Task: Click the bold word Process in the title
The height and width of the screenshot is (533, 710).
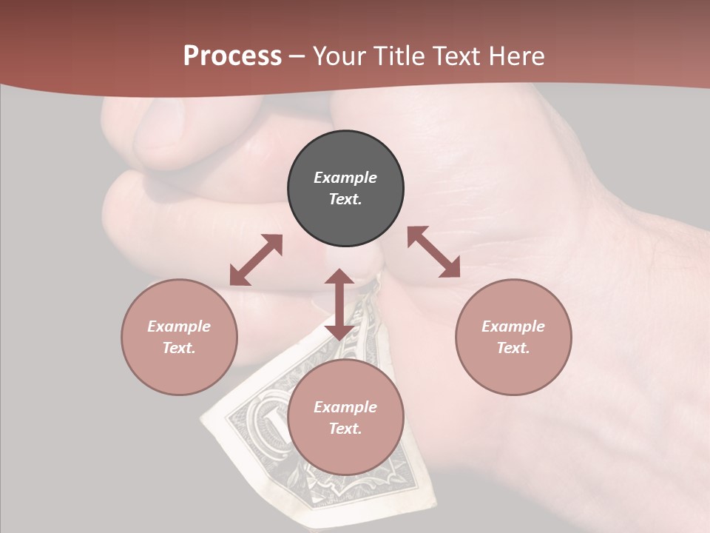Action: click(x=232, y=56)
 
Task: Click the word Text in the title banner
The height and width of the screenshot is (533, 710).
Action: click(x=456, y=56)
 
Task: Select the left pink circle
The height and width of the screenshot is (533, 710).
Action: click(x=179, y=337)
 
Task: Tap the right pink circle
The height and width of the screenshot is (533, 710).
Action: click(x=513, y=337)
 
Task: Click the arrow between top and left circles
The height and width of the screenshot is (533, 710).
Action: click(x=256, y=260)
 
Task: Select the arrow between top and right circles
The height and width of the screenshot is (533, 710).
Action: click(x=433, y=252)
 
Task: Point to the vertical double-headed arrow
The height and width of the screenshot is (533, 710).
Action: click(x=339, y=304)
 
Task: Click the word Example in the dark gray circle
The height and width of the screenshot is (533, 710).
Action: click(x=345, y=178)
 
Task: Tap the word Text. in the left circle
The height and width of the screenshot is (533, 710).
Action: click(x=179, y=348)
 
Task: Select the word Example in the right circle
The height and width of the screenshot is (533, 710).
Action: click(x=513, y=326)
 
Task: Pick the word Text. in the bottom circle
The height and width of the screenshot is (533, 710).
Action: click(x=345, y=429)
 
